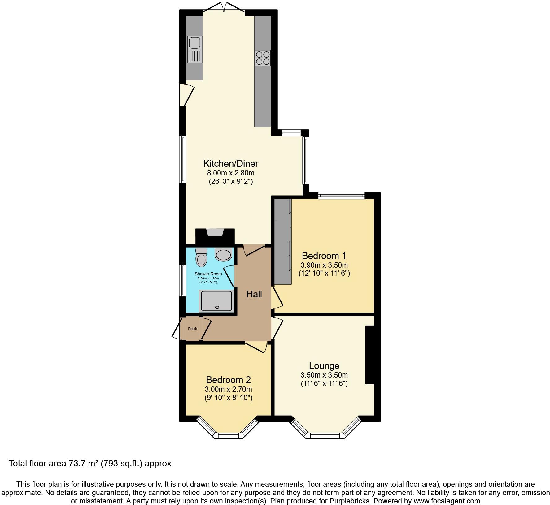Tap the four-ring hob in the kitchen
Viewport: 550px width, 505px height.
(x=263, y=58)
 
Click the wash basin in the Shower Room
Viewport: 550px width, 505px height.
(x=223, y=254)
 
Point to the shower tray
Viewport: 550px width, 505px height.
(x=216, y=300)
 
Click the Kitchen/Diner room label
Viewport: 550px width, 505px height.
(x=231, y=163)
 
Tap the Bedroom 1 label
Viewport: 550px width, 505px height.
(x=324, y=256)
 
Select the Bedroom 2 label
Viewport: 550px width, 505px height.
(x=228, y=380)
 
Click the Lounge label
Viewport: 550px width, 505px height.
(x=324, y=366)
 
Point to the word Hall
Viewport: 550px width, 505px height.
(x=254, y=294)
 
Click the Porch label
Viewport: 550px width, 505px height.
(x=193, y=329)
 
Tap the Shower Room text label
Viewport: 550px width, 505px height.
(x=208, y=274)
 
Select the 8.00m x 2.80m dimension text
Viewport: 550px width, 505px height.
(x=231, y=173)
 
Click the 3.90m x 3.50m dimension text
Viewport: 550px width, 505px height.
(x=324, y=265)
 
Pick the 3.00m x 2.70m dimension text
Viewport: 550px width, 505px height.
(x=228, y=389)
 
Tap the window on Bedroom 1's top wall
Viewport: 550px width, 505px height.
(x=341, y=195)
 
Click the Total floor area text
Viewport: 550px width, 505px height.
(x=90, y=464)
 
